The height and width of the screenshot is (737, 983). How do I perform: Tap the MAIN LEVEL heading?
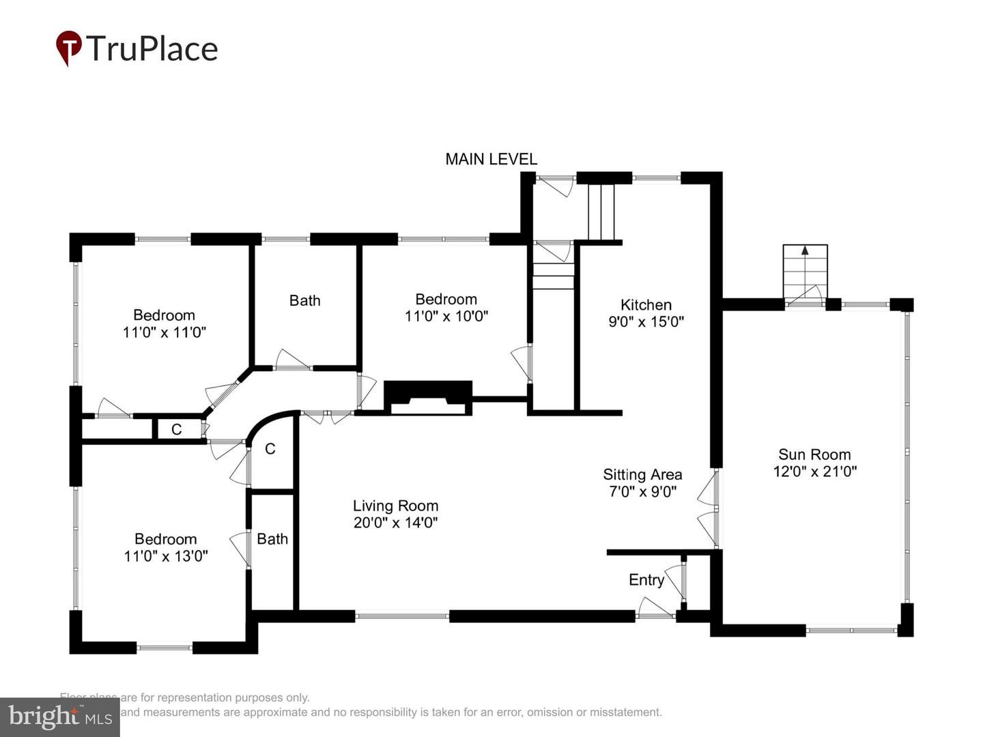pyautogui.click(x=491, y=159)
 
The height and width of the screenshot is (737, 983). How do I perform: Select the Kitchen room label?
pyautogui.click(x=646, y=305)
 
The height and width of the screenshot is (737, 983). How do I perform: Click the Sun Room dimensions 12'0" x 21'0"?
pyautogui.click(x=814, y=472)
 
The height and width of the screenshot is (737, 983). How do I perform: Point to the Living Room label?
pyautogui.click(x=395, y=506)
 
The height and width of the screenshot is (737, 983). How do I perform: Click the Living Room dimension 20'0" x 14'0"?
pyautogui.click(x=395, y=523)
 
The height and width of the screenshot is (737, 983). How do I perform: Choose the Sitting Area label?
pyautogui.click(x=642, y=474)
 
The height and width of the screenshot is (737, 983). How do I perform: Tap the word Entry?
pyautogui.click(x=646, y=580)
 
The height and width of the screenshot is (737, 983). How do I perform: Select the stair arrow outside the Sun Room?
pyautogui.click(x=805, y=251)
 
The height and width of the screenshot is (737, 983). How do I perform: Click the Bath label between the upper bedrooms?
pyautogui.click(x=304, y=300)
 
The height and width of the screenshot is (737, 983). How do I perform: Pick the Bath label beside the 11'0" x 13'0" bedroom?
pyautogui.click(x=272, y=539)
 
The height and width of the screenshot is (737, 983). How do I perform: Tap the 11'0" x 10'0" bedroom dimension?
pyautogui.click(x=446, y=317)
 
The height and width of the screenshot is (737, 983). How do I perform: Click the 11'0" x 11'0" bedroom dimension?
pyautogui.click(x=165, y=332)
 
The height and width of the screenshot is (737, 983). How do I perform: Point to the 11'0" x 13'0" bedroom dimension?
pyautogui.click(x=166, y=556)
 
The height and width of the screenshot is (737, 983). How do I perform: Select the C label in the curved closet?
pyautogui.click(x=270, y=448)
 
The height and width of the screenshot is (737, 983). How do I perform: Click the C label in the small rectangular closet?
pyautogui.click(x=176, y=429)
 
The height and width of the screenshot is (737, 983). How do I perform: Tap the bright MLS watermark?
pyautogui.click(x=60, y=717)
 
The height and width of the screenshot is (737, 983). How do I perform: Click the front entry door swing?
pyautogui.click(x=654, y=607)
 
